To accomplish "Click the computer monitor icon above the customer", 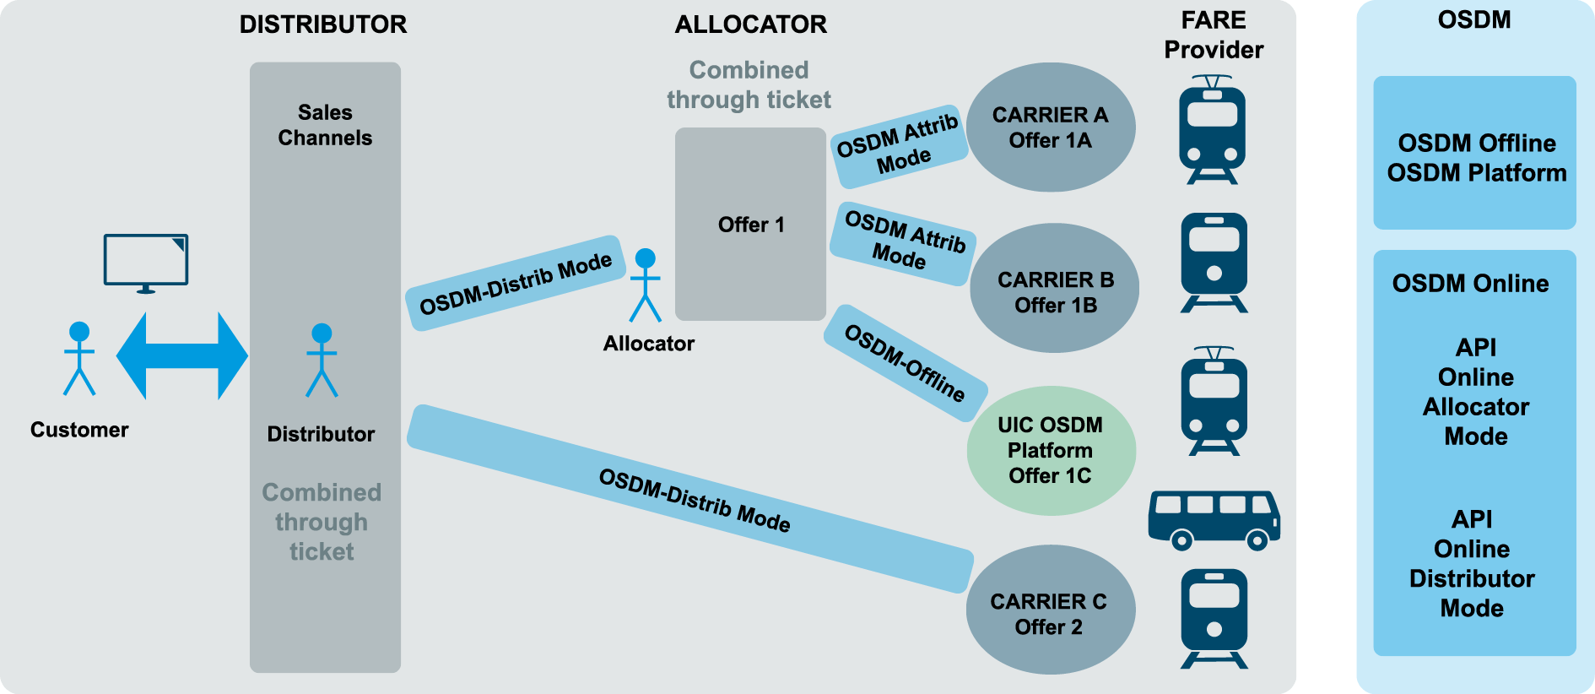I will [x=146, y=262].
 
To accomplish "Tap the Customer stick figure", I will [x=79, y=360].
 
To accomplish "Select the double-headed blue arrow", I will [x=181, y=355].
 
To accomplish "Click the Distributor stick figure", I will [x=322, y=361].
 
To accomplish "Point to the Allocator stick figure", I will [x=646, y=285].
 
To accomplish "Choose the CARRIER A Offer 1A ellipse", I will [x=1050, y=127].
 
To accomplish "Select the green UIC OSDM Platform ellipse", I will [x=1051, y=451].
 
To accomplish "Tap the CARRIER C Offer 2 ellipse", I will [x=1050, y=610].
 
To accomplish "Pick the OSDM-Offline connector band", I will [x=905, y=363].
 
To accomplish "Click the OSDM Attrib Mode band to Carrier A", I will [x=899, y=146].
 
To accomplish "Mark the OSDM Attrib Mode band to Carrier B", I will [x=903, y=243].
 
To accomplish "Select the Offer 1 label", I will [x=751, y=225].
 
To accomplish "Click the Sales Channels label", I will [x=325, y=125].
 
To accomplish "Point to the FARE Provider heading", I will [x=1214, y=35].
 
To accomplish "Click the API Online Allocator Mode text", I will [x=1475, y=392].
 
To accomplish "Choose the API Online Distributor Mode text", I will [x=1472, y=563].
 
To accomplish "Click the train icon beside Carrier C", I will [x=1214, y=619].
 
